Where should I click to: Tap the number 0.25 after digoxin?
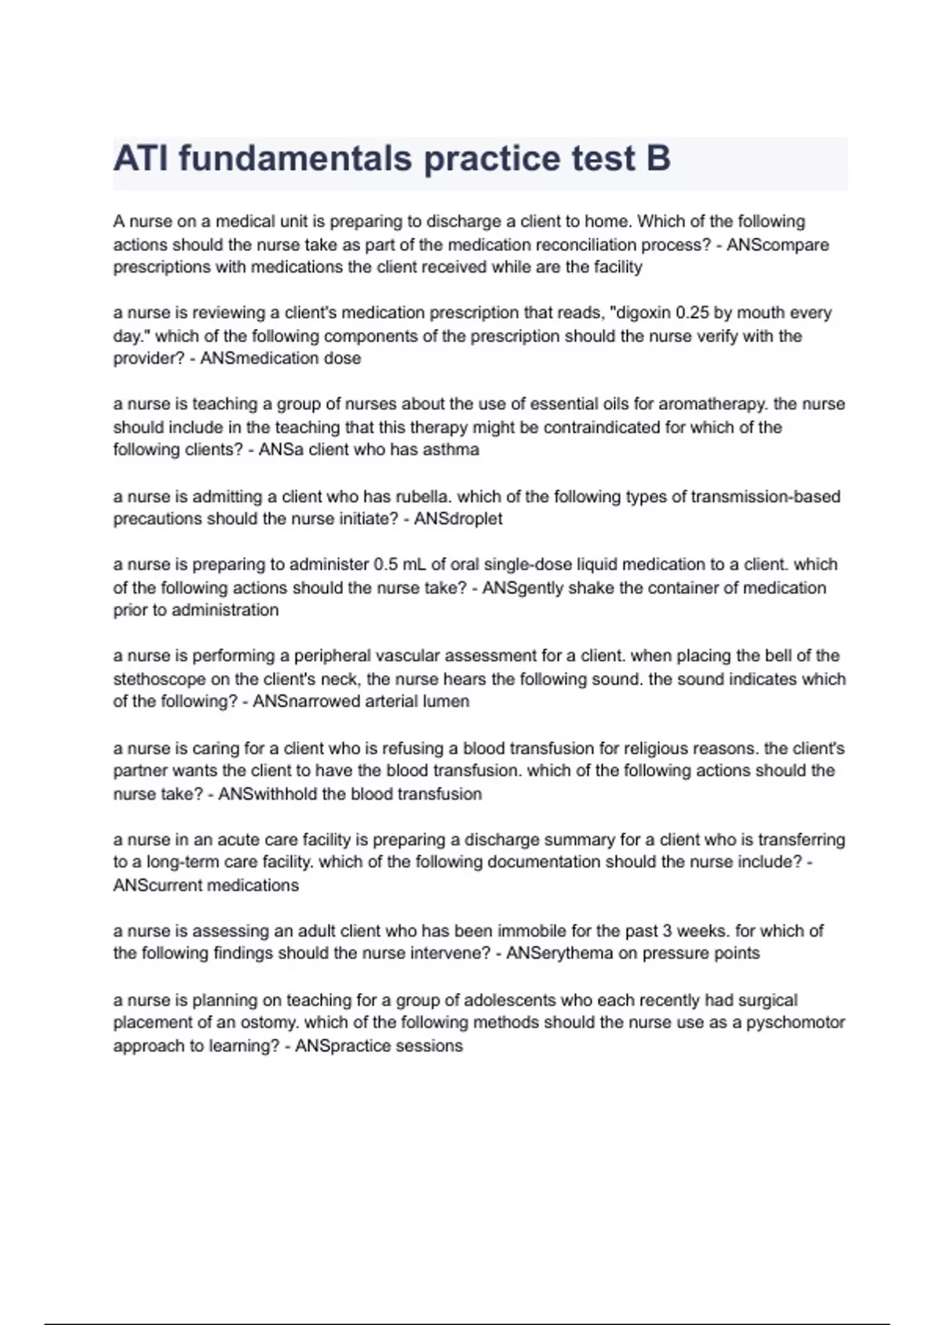692,313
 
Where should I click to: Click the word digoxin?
642,313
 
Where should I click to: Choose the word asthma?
450,450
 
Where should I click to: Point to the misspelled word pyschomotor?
796,1023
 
